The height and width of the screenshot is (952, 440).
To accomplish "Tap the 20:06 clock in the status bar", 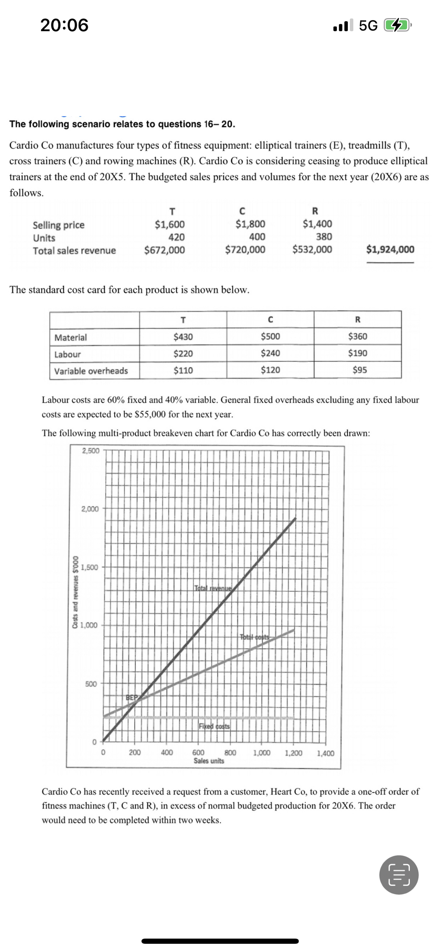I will (64, 25).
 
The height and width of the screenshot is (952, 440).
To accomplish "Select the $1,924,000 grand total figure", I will (390, 249).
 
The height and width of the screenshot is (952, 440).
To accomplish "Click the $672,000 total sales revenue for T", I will (164, 250).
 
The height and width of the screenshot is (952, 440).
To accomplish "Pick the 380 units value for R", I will (324, 237).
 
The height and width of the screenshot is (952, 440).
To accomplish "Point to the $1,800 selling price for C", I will (250, 224).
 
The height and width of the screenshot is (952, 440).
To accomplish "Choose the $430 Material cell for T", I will (183, 337).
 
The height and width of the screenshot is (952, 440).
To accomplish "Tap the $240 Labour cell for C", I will (270, 353).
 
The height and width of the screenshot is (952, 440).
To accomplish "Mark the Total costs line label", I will (255, 637).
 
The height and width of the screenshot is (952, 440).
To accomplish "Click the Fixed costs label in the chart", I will (214, 726).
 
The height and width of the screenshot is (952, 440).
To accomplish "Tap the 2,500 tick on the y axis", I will (91, 451).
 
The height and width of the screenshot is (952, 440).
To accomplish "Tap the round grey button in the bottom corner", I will (399, 875).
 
